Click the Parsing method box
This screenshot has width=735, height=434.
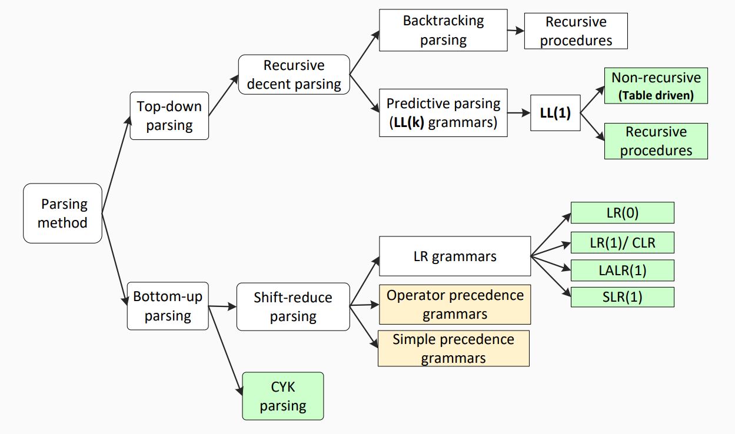(x=62, y=213)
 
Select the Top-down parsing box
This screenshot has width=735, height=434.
(x=169, y=116)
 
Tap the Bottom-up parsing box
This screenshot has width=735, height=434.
(x=168, y=306)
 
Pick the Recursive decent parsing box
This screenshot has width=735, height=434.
(x=294, y=75)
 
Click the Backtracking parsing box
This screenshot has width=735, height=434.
(x=443, y=30)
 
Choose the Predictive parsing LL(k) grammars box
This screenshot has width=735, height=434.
(x=443, y=113)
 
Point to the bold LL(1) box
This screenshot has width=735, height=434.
(x=555, y=113)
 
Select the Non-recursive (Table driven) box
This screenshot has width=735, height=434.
(x=656, y=86)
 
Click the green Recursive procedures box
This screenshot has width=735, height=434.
(x=656, y=141)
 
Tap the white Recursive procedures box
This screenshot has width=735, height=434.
(x=576, y=31)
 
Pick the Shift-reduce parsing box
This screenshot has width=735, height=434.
(x=293, y=307)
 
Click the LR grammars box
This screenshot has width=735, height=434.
(x=455, y=256)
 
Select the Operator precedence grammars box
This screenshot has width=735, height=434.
(x=455, y=305)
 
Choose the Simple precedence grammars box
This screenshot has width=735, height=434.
(x=454, y=349)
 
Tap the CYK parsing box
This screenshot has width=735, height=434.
(x=283, y=396)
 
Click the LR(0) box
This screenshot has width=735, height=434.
(x=623, y=213)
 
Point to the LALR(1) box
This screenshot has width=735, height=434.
(x=623, y=271)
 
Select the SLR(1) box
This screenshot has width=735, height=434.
(x=623, y=297)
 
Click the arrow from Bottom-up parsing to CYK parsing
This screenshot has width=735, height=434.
(x=225, y=350)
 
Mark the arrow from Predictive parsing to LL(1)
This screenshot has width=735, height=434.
(x=519, y=113)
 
